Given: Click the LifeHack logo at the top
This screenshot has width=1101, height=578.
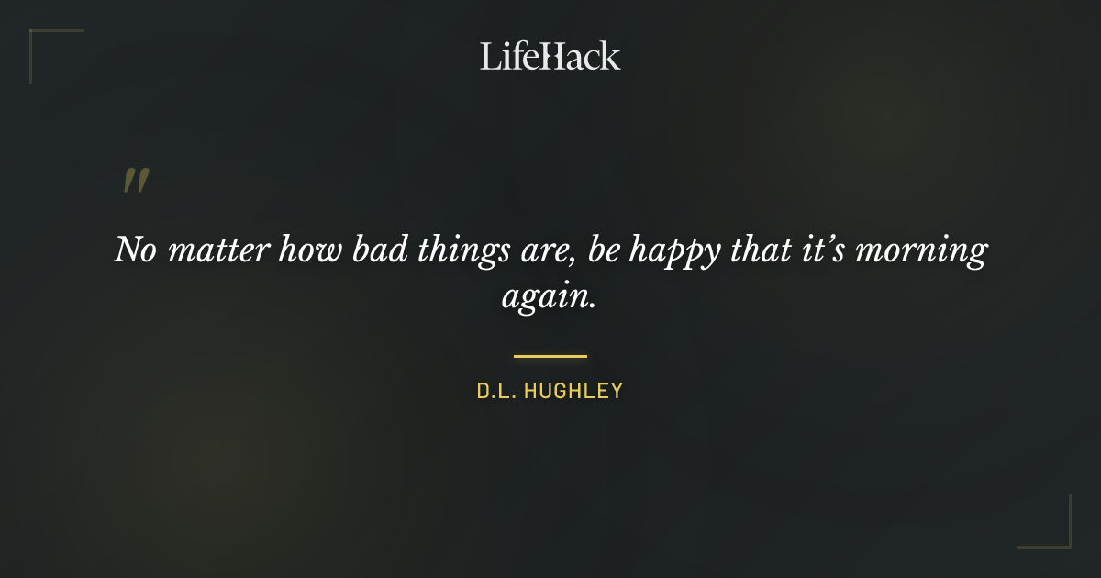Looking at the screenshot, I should click(x=550, y=56).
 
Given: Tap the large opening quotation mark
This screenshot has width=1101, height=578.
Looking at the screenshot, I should click(x=136, y=181).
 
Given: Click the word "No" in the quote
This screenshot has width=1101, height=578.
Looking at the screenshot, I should click(x=135, y=250).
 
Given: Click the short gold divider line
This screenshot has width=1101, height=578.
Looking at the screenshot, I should click(x=550, y=356).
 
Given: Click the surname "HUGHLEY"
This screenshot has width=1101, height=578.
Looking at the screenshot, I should click(x=574, y=391).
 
